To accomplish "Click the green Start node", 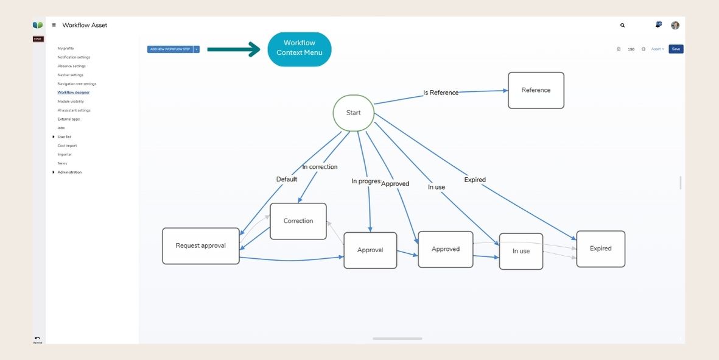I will (353, 113).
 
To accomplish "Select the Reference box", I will (536, 90).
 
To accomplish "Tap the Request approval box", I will (200, 246).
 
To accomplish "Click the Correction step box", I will (298, 221).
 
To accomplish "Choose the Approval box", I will (370, 250).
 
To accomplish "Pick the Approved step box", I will (446, 249).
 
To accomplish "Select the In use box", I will (521, 251).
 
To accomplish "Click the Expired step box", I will (600, 249).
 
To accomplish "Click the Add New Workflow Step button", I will (170, 49).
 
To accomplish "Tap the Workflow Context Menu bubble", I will (300, 48).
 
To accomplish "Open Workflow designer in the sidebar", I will (73, 93).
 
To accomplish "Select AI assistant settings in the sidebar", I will (74, 110).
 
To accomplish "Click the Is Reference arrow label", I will (441, 93).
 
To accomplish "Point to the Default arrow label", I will (287, 179).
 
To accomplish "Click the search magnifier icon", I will (622, 26).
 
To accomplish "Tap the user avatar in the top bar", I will (675, 26).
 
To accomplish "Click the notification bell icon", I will (658, 25).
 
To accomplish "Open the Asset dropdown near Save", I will (658, 49).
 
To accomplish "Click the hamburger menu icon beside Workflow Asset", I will (54, 26).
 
